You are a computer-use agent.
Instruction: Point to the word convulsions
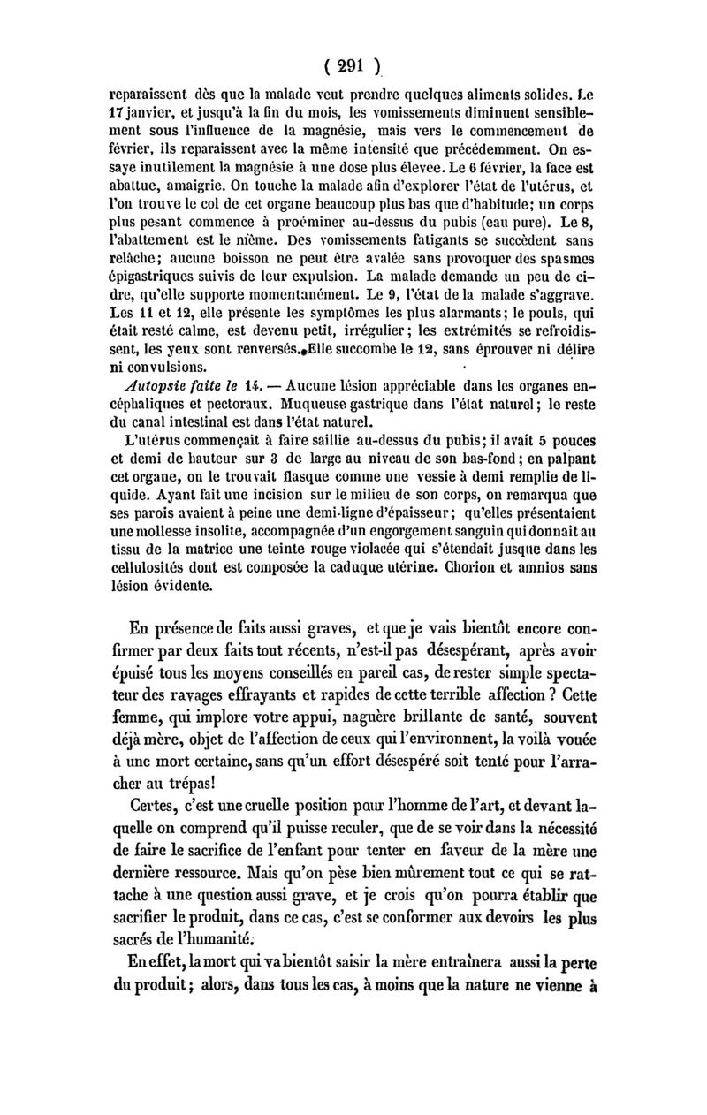(x=168, y=366)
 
